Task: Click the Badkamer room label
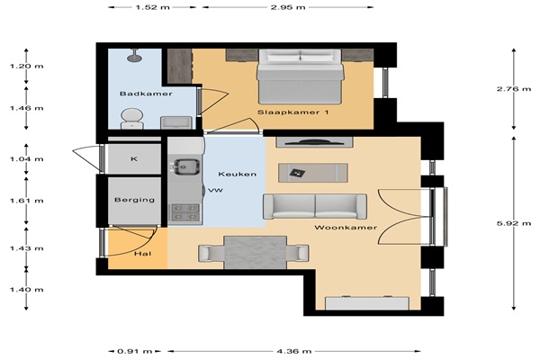click(x=146, y=94)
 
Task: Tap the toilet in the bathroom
click(x=132, y=119)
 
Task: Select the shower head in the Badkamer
click(x=134, y=56)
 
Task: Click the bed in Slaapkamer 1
click(x=300, y=76)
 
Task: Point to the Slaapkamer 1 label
click(x=293, y=112)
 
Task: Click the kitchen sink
click(x=186, y=166)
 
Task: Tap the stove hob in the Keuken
click(x=185, y=212)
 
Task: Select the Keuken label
click(x=238, y=174)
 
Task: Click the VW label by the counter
click(x=216, y=190)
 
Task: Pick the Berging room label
click(x=135, y=200)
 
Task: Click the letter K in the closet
click(x=134, y=158)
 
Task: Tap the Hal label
click(x=142, y=254)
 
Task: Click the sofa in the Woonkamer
click(x=315, y=206)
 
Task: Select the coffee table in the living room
click(x=313, y=173)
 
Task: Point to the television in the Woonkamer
click(x=314, y=142)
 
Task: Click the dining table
click(x=256, y=253)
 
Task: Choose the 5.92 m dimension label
click(x=514, y=223)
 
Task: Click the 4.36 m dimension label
click(x=294, y=351)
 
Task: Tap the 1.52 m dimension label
click(x=153, y=7)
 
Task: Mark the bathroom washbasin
click(x=176, y=122)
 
